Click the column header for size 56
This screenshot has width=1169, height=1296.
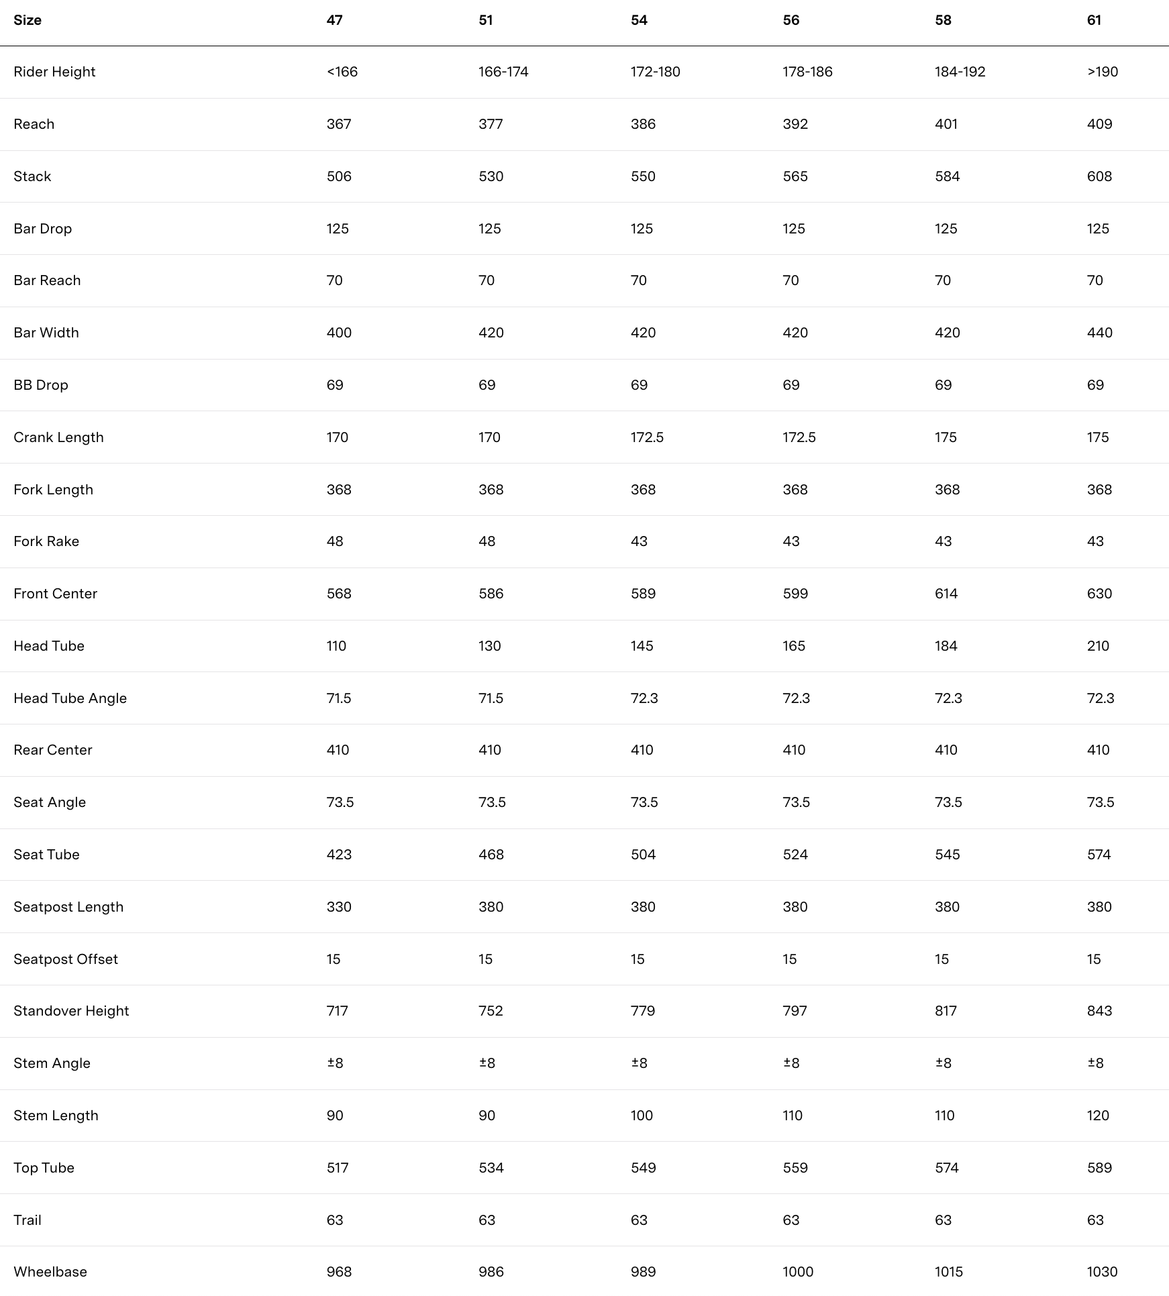click(791, 20)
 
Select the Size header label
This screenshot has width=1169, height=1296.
click(28, 20)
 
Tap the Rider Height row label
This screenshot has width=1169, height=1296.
click(54, 72)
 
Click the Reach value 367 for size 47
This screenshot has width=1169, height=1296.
click(339, 124)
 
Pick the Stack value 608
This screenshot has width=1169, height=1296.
click(1099, 176)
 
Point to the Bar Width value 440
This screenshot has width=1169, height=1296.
click(1099, 333)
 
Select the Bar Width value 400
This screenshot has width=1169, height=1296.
click(339, 333)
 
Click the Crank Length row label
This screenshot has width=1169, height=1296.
click(58, 437)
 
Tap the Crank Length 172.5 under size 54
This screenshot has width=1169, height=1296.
click(647, 437)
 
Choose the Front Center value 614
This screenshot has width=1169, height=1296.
click(946, 594)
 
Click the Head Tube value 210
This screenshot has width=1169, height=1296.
click(1098, 646)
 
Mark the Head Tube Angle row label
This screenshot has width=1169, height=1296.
click(70, 698)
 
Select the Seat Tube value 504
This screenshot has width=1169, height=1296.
click(643, 855)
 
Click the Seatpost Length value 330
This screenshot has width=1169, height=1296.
click(339, 907)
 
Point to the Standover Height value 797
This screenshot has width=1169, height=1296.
click(795, 1011)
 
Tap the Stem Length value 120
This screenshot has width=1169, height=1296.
click(1098, 1116)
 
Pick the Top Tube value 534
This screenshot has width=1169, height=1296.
click(491, 1168)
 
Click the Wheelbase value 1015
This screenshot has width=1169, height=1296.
click(948, 1272)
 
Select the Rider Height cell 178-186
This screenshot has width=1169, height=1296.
click(807, 72)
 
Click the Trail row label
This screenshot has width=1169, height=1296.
click(28, 1220)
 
